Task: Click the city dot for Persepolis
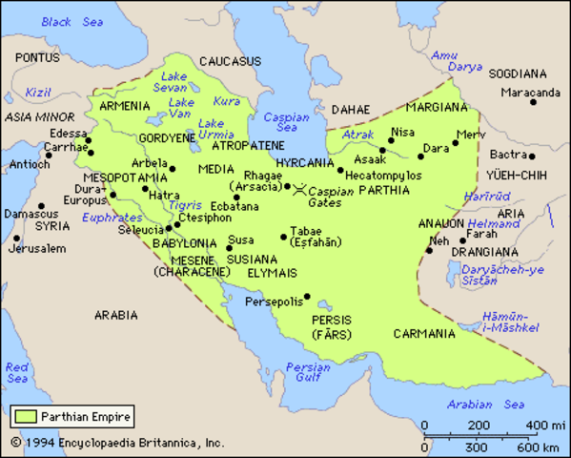pos(306,297)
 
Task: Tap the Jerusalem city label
pos(38,249)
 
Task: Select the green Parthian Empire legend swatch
pos(23,416)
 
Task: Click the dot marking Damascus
pos(41,206)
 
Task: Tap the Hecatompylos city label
pos(384,177)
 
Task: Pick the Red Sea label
pos(17,373)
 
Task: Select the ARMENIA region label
pos(124,106)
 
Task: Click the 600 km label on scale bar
pos(540,447)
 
